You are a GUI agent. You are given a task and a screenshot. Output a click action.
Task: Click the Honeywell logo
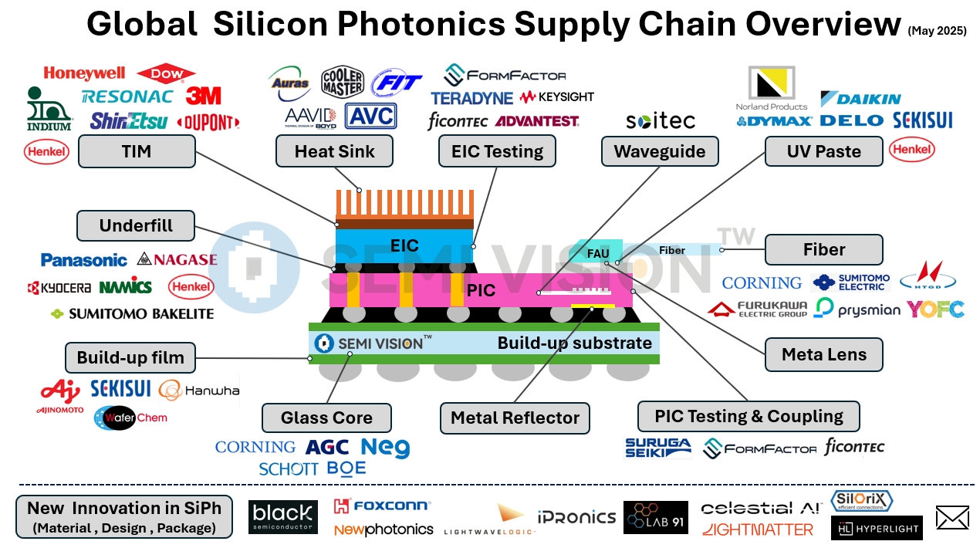(x=84, y=73)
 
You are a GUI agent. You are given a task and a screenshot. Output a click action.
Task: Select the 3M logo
(x=203, y=96)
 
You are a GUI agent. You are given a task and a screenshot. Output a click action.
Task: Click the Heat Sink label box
(x=334, y=151)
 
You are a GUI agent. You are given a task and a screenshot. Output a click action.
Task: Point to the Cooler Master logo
(x=342, y=82)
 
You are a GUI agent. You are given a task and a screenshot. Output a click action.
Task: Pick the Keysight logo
(x=557, y=97)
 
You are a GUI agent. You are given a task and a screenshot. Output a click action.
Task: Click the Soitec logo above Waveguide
(x=660, y=120)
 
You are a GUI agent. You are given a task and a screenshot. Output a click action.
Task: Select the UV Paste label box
(x=823, y=151)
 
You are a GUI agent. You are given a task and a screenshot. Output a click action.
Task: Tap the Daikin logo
(x=860, y=99)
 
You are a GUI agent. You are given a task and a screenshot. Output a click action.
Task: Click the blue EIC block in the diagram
(x=404, y=245)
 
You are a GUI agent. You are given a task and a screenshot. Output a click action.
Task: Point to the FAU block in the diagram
(x=599, y=252)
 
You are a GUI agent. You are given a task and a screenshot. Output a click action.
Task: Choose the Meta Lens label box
(x=823, y=355)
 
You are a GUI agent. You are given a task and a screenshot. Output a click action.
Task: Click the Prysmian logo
(x=857, y=310)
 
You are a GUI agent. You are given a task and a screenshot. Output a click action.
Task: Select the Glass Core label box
(x=326, y=418)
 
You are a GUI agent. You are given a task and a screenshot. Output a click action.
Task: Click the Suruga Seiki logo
(x=658, y=447)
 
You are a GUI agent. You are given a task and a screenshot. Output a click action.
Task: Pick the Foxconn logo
(x=382, y=506)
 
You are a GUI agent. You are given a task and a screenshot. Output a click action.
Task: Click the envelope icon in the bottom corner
(x=951, y=518)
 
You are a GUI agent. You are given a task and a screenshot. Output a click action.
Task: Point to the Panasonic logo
(x=83, y=260)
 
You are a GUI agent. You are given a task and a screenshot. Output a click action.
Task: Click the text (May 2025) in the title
(x=937, y=31)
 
